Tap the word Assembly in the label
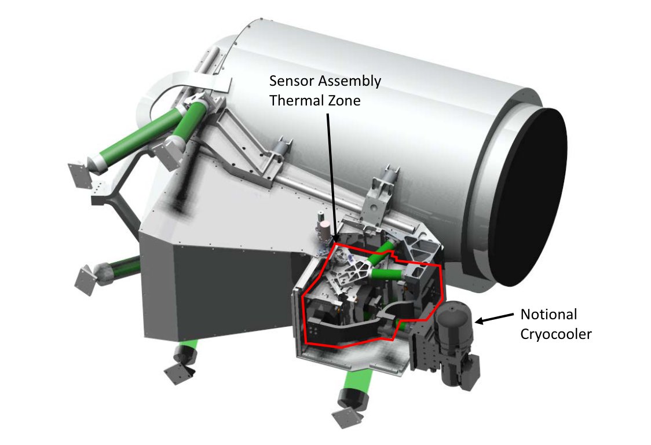point(349,81)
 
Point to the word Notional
point(548,314)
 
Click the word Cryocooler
point(556,334)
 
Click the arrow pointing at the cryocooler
point(494,318)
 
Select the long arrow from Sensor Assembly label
point(332,178)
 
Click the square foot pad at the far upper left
point(81,176)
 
